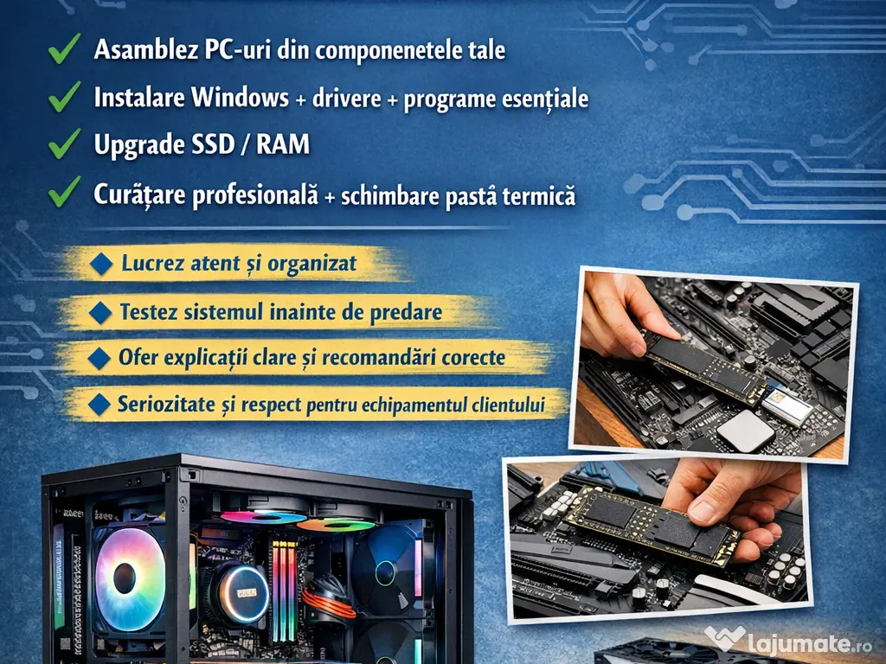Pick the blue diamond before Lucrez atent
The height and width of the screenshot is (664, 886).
(x=102, y=264)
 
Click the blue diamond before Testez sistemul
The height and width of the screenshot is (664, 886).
(x=102, y=311)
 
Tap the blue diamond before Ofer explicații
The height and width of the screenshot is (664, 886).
(x=102, y=356)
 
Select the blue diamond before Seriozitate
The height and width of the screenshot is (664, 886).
(x=102, y=403)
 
